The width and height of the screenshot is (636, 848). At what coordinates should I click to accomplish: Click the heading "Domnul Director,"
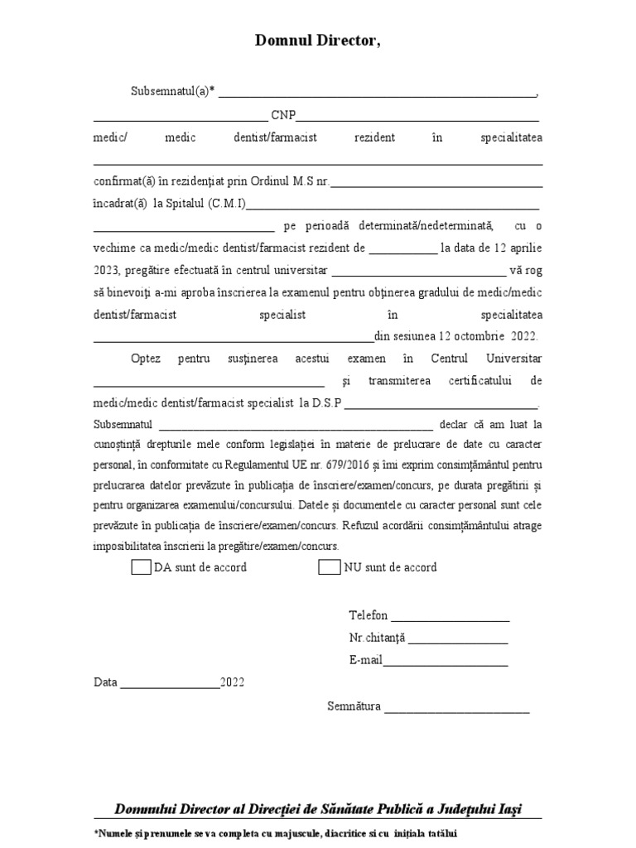click(318, 41)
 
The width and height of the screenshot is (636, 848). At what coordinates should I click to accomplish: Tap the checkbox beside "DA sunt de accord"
click(141, 567)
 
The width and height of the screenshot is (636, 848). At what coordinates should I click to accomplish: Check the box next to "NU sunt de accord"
click(330, 567)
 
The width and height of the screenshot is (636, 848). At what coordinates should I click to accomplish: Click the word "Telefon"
click(369, 615)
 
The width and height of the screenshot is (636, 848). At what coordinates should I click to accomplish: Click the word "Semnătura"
click(354, 706)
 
